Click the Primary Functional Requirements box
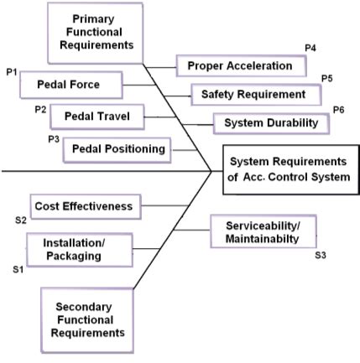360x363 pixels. [93, 32]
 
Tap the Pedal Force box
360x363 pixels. [70, 84]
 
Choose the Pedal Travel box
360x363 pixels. [98, 116]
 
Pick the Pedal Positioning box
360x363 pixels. [120, 148]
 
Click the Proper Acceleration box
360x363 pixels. [240, 65]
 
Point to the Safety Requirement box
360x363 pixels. [253, 94]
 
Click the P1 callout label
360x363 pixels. [11, 73]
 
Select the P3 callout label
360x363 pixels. [53, 138]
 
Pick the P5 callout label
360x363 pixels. [328, 78]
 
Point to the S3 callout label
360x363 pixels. [320, 254]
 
